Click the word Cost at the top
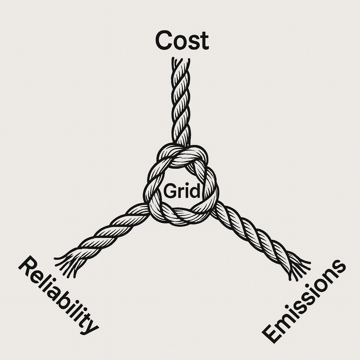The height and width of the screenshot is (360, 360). pyautogui.click(x=182, y=41)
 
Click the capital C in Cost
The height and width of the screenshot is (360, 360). pyautogui.click(x=163, y=40)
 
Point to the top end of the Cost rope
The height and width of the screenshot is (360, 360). pyautogui.click(x=181, y=62)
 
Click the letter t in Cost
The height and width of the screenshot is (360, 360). pyautogui.click(x=204, y=41)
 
